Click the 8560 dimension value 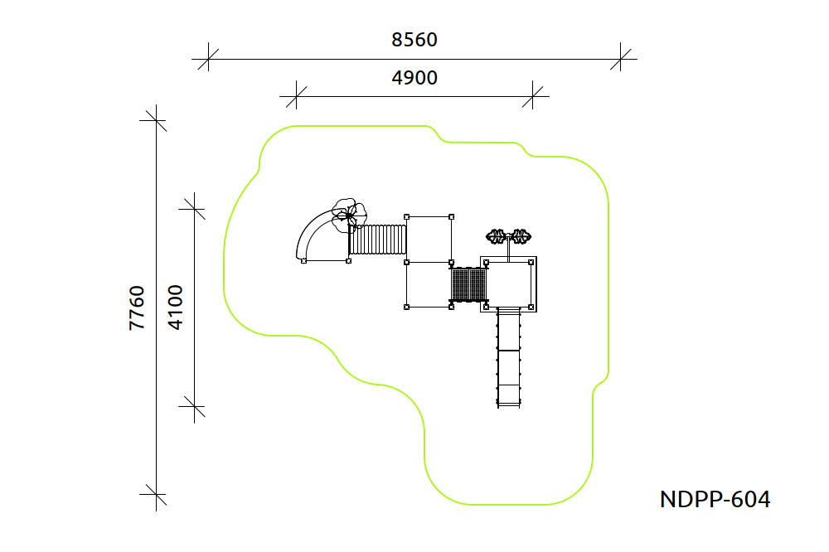[414, 40]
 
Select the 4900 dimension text [414, 78]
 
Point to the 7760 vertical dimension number [137, 307]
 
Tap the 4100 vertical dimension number [175, 307]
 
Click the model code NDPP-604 [715, 499]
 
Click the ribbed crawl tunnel [378, 240]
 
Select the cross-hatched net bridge [468, 284]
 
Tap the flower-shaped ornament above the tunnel [349, 215]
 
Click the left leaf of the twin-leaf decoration [496, 236]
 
